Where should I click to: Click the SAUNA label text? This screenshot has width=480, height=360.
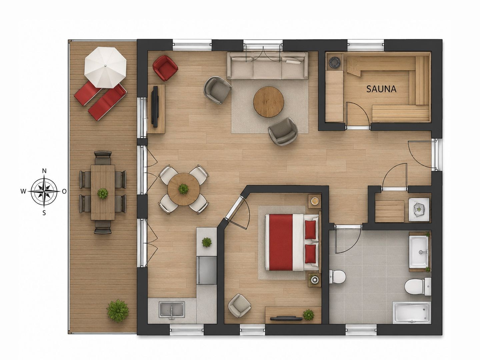coord(381,89)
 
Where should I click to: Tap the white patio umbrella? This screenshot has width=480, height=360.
coord(105,67)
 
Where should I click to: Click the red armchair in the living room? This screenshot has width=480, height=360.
coord(165,68)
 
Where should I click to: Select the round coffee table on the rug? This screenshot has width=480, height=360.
coord(269,102)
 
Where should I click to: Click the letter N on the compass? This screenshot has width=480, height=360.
coord(44,171)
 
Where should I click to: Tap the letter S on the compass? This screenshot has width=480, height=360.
coord(44,213)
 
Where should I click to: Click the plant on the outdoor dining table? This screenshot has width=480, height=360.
coord(103,193)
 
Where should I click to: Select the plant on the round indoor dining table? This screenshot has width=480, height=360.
coord(183,189)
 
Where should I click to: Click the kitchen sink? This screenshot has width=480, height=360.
coord(172,310)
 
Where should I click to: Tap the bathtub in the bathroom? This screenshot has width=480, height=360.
coord(412,313)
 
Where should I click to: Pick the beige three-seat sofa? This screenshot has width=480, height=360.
coord(267,65)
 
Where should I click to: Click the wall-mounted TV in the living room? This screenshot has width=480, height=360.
coord(155,106)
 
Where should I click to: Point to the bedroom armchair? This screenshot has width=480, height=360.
coord(239,305)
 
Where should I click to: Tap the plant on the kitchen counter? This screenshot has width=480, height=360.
coord(207,242)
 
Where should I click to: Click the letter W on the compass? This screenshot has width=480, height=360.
coord(23,192)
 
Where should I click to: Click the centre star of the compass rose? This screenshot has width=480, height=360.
coord(44,191)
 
